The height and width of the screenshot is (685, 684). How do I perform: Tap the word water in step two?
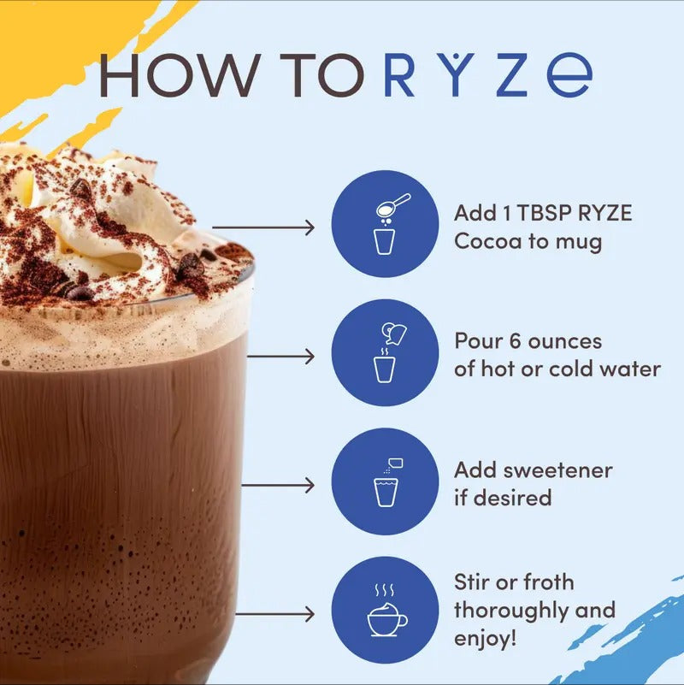click(631, 369)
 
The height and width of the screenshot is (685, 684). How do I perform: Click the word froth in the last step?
click(548, 582)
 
